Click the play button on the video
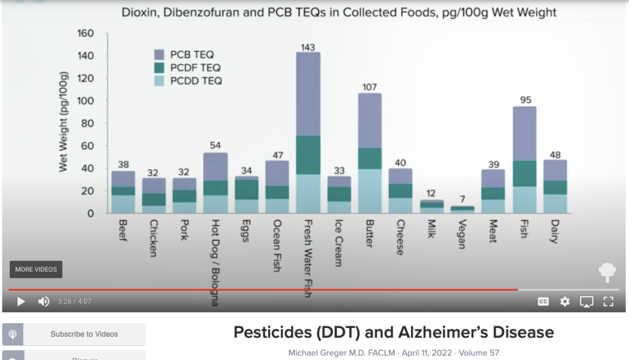pos(21,302)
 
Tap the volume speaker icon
pos(44,302)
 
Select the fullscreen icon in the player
pos(608,302)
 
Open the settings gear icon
pos(565,302)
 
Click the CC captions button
pos(543,302)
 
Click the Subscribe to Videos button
pos(74,334)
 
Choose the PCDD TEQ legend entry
pos(188,80)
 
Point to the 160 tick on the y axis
pos(85,33)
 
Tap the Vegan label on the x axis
pos(462,232)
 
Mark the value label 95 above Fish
pos(524,101)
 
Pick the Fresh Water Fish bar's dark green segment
pos(308,155)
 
